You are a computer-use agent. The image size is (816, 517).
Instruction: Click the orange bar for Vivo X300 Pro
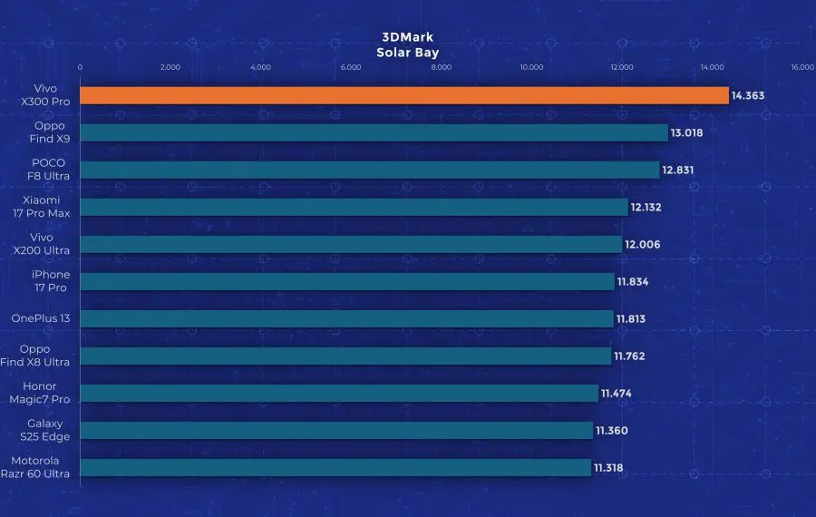[x=404, y=95]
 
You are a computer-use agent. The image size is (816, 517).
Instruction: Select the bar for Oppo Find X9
[x=374, y=132]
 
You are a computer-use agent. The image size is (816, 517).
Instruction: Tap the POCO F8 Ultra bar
[x=370, y=170]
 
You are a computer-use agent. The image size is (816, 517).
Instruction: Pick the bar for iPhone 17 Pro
[x=347, y=281]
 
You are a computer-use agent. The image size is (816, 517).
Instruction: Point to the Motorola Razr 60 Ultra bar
[x=335, y=468]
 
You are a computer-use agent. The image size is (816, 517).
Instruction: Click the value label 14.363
[x=749, y=95]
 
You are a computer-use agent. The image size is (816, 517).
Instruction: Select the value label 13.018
[x=687, y=132]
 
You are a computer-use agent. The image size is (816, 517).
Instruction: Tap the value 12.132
[x=646, y=207]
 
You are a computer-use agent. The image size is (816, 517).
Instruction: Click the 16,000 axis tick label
[x=801, y=67]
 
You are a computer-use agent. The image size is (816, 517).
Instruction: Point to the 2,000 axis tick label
[x=170, y=67]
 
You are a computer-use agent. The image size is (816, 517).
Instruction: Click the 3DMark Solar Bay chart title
[x=407, y=45]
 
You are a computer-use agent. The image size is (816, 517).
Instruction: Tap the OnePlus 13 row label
[x=41, y=318]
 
